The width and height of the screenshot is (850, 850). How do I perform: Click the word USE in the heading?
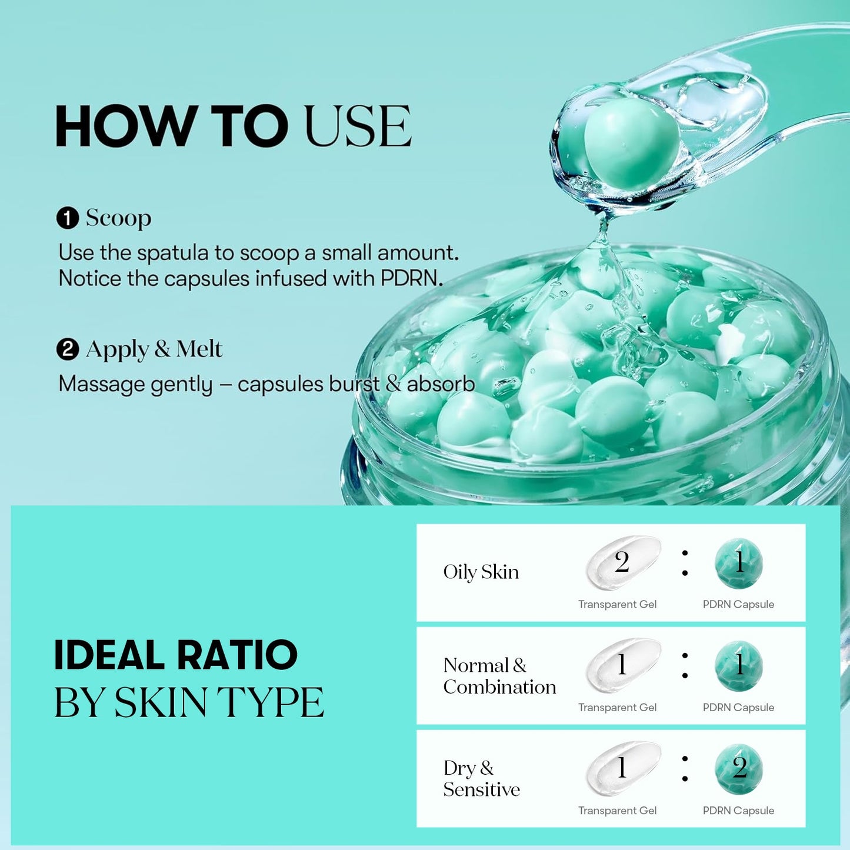coord(358,126)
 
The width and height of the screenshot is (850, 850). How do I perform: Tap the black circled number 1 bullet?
coord(68,218)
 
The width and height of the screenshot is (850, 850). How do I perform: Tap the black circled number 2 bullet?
coord(68,349)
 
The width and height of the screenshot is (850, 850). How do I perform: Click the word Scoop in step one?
coord(118,218)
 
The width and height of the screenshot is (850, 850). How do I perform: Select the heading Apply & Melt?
coord(154,349)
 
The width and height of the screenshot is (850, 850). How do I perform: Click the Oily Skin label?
coord(481,572)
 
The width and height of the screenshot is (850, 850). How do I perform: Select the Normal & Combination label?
coord(499,676)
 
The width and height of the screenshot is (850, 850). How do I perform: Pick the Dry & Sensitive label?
coord(481,778)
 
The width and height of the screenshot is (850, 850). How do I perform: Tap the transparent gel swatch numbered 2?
coord(622,562)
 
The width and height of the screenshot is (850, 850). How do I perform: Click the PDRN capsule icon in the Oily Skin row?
coord(739,563)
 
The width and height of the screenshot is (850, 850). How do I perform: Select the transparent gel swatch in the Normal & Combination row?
coord(622,665)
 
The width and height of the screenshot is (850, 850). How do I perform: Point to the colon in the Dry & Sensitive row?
coord(685,769)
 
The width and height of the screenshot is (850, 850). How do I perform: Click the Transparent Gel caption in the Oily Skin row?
coord(617,604)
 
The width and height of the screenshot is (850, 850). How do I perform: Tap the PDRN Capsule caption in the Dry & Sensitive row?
coord(738,811)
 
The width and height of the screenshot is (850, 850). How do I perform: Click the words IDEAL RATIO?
coord(175,655)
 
